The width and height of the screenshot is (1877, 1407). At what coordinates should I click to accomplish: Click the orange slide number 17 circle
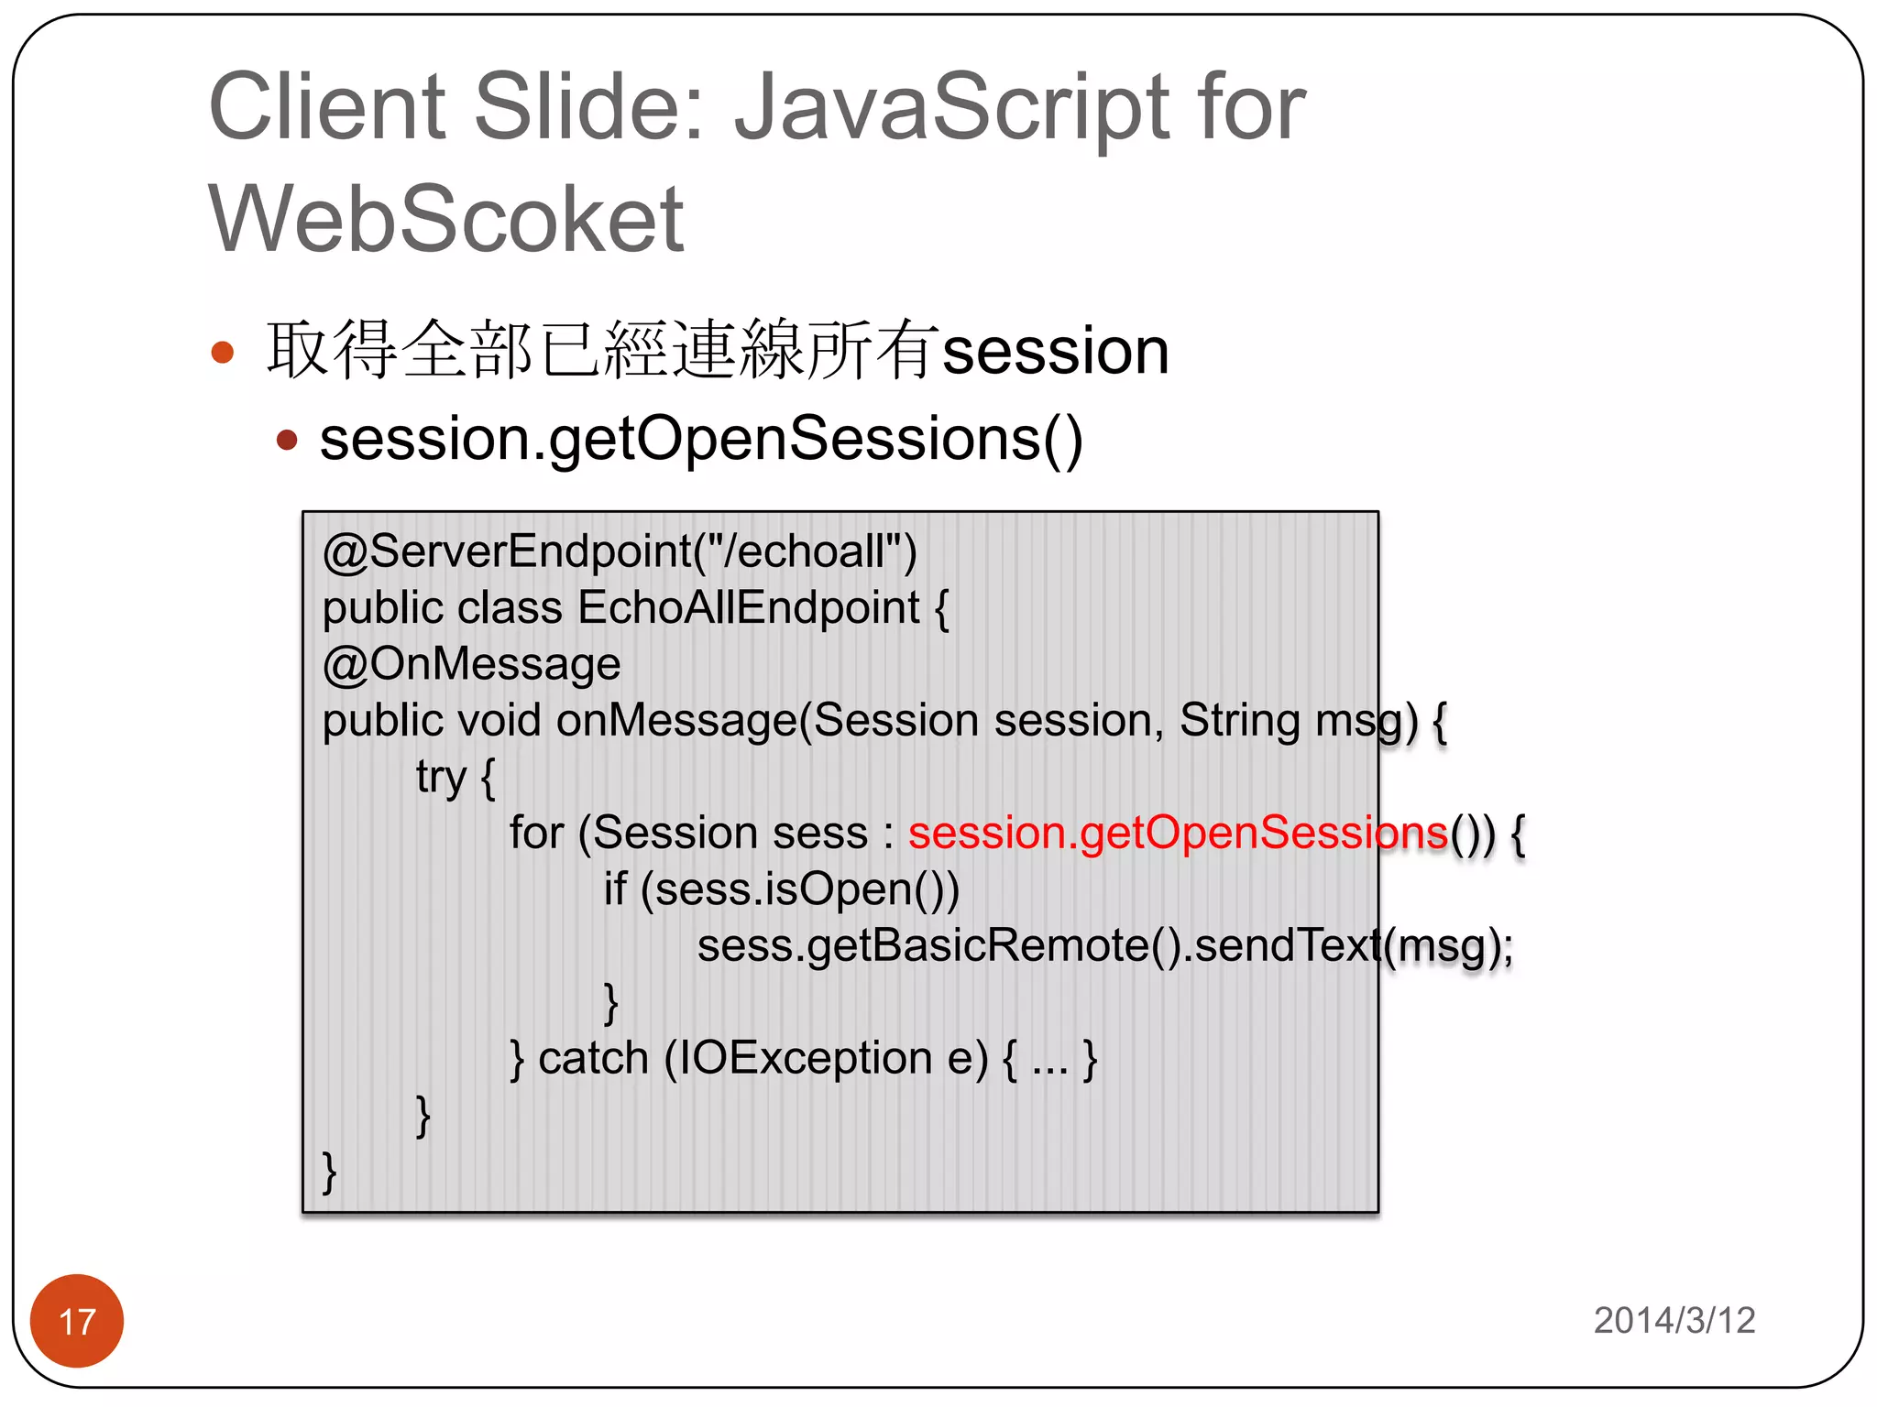point(77,1320)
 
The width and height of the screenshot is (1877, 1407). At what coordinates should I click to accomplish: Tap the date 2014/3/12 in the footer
point(1674,1320)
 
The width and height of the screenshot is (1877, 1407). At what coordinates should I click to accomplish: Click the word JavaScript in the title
point(950,108)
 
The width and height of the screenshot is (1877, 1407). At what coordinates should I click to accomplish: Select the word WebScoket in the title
point(446,219)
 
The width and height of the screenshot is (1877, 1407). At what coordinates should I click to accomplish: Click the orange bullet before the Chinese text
point(223,353)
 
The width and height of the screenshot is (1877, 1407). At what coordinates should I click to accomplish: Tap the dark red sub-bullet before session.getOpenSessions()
point(287,441)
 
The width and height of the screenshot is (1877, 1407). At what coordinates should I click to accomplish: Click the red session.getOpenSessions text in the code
point(1177,833)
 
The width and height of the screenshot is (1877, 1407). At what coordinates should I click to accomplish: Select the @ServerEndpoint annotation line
point(620,551)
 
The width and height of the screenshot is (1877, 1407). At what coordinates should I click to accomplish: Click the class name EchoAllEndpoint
point(748,608)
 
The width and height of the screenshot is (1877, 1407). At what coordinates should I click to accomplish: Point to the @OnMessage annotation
point(471,664)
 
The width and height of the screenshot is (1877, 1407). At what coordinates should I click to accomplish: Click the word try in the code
point(441,778)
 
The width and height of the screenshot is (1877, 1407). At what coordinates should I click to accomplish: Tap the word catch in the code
point(593,1059)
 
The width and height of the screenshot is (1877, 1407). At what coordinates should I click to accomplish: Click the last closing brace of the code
point(329,1172)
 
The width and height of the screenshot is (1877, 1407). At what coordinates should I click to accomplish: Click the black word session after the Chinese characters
point(1055,352)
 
